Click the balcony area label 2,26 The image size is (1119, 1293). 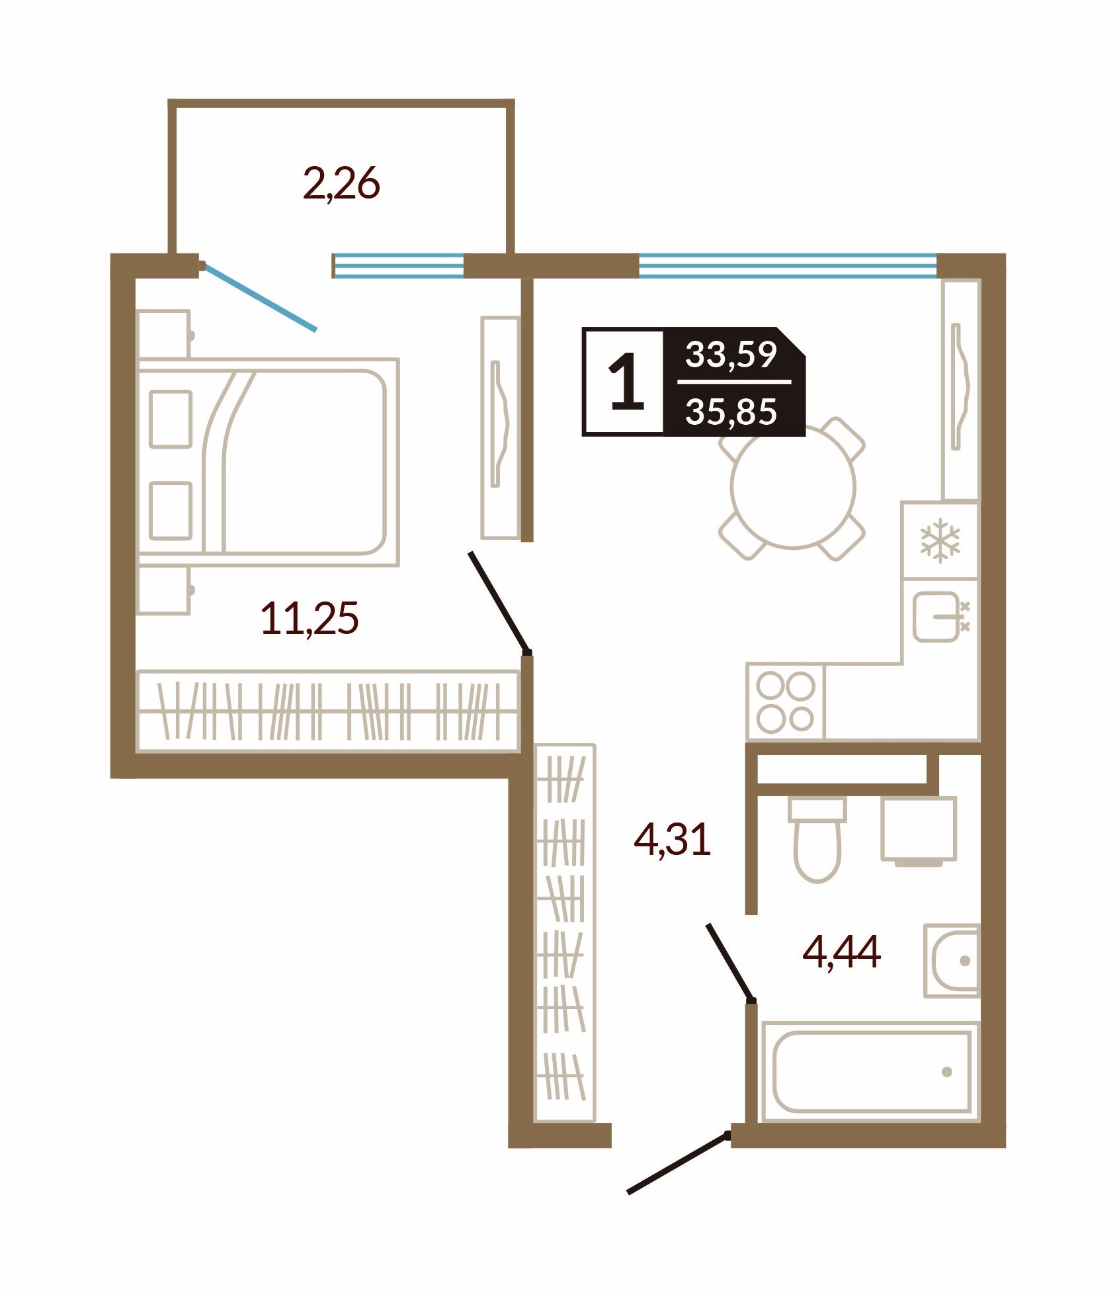341,183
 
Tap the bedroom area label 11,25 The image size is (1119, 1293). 310,618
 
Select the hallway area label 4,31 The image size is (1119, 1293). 672,838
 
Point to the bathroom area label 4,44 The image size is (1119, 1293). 841,951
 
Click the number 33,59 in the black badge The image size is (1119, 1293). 731,354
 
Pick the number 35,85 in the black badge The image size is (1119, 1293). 731,411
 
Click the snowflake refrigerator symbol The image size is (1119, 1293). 940,541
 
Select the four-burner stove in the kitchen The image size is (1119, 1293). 785,701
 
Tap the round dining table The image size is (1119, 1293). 793,486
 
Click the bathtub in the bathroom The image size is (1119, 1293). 870,1071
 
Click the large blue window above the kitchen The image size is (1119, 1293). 788,265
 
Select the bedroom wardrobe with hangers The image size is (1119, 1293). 327,711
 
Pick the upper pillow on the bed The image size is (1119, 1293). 171,420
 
